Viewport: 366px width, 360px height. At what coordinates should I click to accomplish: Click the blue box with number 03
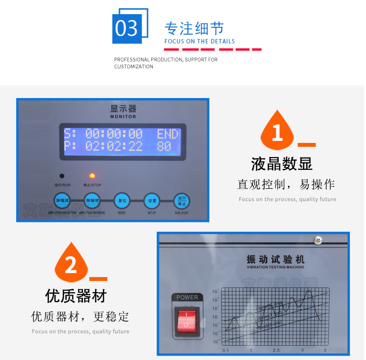(127, 28)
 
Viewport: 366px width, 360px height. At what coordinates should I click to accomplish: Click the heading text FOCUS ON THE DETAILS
(199, 41)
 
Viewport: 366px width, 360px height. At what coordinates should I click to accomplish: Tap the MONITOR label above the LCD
(123, 117)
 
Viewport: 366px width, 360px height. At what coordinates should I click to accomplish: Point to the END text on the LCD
(167, 134)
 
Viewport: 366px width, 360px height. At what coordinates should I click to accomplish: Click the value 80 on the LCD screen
(164, 146)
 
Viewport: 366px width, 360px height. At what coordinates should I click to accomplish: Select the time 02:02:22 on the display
(114, 146)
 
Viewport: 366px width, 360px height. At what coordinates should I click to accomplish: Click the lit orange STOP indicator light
(91, 176)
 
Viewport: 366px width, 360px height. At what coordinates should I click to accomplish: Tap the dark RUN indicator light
(62, 176)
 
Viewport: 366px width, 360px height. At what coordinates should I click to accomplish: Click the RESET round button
(122, 200)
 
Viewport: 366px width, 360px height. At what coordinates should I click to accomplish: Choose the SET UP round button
(152, 200)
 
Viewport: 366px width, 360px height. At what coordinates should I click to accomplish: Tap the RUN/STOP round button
(182, 200)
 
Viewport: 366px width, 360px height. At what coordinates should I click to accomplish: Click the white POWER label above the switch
(187, 297)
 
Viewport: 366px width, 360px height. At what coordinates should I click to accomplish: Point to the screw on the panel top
(318, 240)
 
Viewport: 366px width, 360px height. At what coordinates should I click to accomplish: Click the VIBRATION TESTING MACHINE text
(275, 267)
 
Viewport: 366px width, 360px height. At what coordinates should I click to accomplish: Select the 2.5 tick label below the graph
(276, 351)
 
